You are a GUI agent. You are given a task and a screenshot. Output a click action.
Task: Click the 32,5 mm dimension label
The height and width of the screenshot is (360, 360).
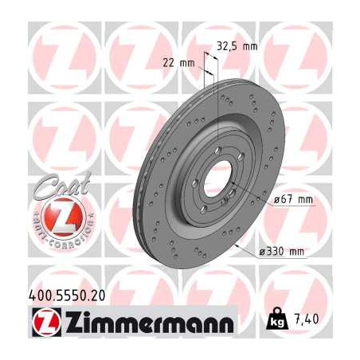(x=237, y=46)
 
